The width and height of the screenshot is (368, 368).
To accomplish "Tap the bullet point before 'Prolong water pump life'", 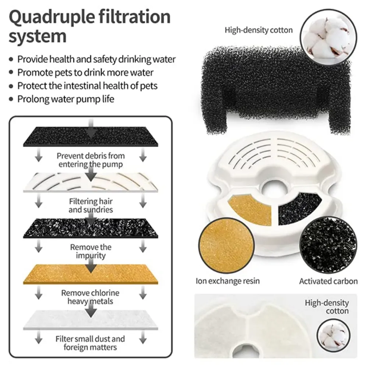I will [11, 99].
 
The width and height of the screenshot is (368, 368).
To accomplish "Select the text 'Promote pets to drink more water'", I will [85, 72].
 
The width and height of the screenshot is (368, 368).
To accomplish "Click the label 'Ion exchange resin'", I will [227, 281].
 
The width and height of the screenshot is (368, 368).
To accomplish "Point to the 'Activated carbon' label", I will [328, 281].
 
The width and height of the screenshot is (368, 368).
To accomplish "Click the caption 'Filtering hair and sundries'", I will [91, 205].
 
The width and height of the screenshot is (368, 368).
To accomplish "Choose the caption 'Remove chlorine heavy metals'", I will [90, 297].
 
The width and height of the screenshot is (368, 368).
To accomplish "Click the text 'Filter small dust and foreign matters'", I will [90, 343].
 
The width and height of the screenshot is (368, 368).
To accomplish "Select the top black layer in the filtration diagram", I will [91, 136].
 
